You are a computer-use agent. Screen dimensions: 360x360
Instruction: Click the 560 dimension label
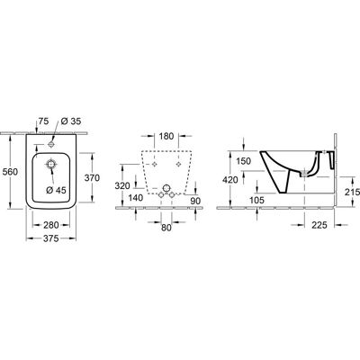tap(10, 172)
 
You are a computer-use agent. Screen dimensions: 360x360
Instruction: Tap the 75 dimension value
tap(43, 121)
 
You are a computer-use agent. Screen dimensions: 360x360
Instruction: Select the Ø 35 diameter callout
tap(71, 121)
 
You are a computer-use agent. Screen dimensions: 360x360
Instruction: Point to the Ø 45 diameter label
tap(56, 190)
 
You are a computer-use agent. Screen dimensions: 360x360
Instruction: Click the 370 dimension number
tap(92, 178)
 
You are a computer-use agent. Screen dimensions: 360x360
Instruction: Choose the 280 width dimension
tap(51, 225)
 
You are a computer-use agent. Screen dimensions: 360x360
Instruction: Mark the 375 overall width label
tap(51, 238)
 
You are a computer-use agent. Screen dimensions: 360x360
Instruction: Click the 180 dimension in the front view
tap(166, 136)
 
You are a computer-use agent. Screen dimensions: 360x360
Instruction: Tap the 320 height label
tap(123, 186)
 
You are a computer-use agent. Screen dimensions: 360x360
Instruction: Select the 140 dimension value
tap(136, 198)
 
